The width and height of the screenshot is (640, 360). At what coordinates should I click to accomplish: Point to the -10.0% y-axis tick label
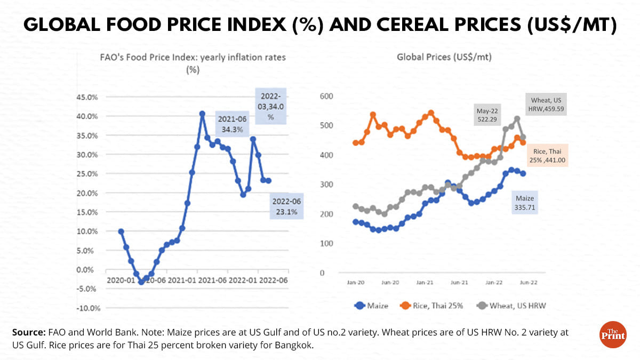click(87, 308)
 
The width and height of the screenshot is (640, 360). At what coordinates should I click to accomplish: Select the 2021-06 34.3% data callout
click(231, 124)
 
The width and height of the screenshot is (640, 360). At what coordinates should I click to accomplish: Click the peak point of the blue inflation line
click(202, 114)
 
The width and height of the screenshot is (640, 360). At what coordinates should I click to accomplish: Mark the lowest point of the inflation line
click(141, 282)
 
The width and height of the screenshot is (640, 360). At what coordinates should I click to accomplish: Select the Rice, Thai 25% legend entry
click(435, 306)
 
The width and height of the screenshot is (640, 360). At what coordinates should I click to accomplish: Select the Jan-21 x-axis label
click(425, 282)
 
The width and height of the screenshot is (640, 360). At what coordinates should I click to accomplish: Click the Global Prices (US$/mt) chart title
click(444, 57)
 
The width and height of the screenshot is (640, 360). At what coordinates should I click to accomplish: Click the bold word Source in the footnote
click(27, 332)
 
